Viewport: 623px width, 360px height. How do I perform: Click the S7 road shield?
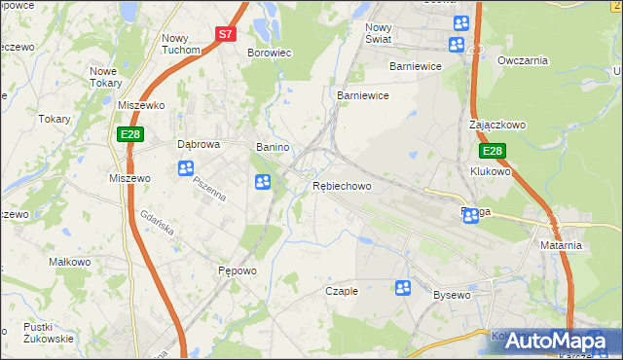click(226, 33)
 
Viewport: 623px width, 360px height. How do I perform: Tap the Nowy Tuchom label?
click(180, 44)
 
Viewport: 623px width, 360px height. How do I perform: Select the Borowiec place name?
click(270, 53)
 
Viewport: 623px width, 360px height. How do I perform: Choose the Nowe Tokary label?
click(110, 77)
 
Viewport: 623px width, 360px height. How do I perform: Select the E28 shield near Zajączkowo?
click(493, 152)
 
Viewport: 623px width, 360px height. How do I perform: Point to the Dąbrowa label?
click(199, 144)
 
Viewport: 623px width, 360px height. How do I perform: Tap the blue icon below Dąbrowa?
click(186, 168)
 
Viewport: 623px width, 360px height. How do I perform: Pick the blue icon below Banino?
click(262, 181)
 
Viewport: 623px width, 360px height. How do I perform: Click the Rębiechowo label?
click(342, 186)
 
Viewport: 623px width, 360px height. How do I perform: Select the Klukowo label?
click(490, 171)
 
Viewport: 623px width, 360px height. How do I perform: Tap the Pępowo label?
click(237, 270)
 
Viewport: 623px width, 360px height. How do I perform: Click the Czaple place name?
click(342, 291)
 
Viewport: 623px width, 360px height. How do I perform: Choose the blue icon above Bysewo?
click(403, 287)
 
